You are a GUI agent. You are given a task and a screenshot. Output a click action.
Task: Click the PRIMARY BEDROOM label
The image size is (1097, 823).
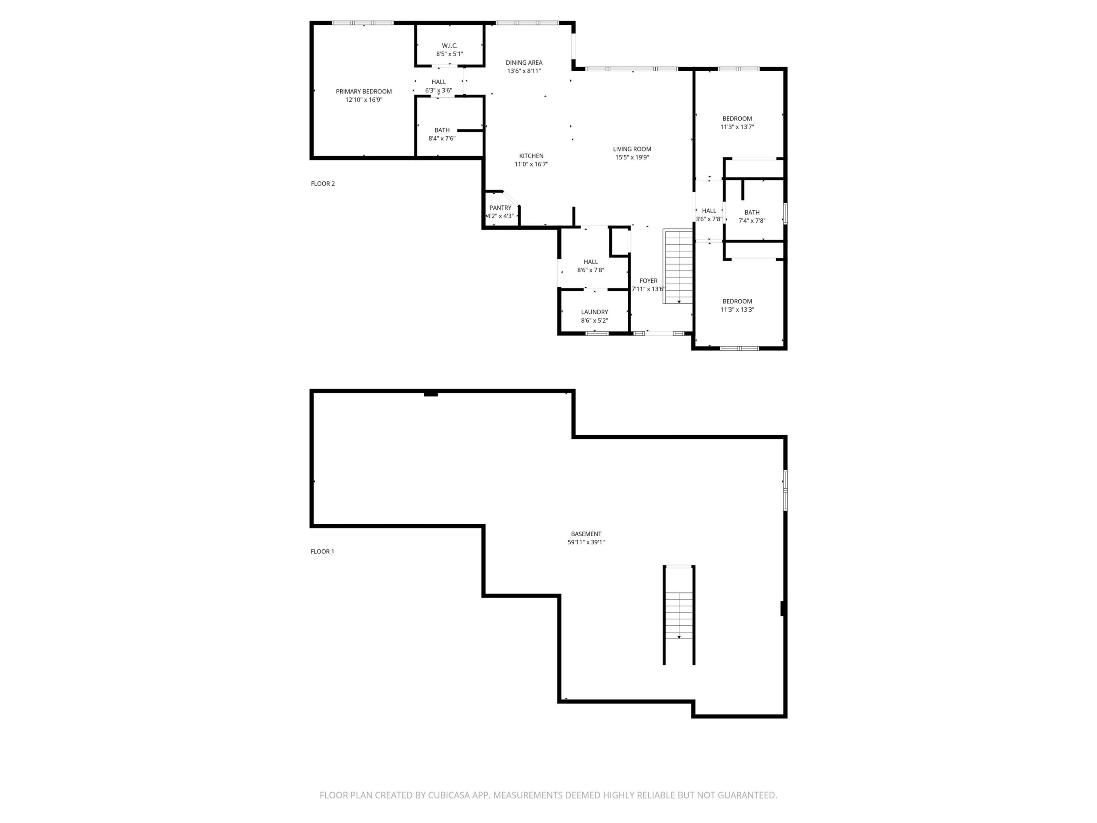point(363,91)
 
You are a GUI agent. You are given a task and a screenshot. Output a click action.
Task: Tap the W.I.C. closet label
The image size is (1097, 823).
point(450,45)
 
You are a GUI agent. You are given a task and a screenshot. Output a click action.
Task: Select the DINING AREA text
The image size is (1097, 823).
point(524,63)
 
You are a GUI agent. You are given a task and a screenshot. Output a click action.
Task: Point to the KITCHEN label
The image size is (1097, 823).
point(531,156)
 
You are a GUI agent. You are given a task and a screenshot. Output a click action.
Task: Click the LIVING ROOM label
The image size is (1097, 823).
point(632,149)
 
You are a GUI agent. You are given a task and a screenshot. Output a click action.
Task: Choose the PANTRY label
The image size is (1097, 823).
point(500,208)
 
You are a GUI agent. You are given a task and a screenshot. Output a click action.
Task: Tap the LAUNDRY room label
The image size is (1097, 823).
point(594,312)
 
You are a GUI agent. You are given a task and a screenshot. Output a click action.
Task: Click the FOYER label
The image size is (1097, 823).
point(648,281)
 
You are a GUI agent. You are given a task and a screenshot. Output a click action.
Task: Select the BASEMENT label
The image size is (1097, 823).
point(586,534)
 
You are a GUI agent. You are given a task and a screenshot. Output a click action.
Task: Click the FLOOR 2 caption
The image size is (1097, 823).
point(323,183)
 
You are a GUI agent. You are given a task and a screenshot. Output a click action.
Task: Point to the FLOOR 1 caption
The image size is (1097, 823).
point(322,551)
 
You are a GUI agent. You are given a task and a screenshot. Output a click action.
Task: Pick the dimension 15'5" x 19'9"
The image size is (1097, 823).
point(632,157)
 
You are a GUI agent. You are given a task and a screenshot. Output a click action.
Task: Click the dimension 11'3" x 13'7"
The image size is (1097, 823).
point(737,127)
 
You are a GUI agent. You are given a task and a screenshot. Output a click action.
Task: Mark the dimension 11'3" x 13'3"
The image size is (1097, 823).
point(737,309)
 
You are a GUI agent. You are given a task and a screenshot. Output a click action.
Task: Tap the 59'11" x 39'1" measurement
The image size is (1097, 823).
point(586,542)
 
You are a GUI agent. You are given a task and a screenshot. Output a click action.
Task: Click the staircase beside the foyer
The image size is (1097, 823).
point(678,266)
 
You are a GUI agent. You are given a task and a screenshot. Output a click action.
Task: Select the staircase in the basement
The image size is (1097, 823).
point(679,615)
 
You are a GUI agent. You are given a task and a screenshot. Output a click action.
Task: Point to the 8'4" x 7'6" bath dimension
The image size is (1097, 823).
point(442,138)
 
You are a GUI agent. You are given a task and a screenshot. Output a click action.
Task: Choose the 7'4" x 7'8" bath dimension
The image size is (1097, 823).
point(752,221)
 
